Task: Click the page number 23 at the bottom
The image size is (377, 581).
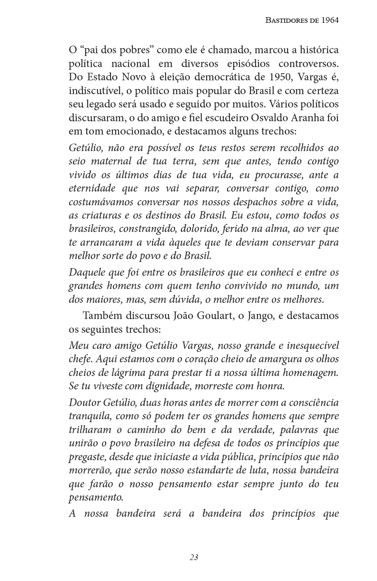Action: pyautogui.click(x=194, y=557)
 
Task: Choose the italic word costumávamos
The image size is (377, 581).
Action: pyautogui.click(x=98, y=202)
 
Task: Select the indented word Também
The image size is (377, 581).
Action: pyautogui.click(x=100, y=316)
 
